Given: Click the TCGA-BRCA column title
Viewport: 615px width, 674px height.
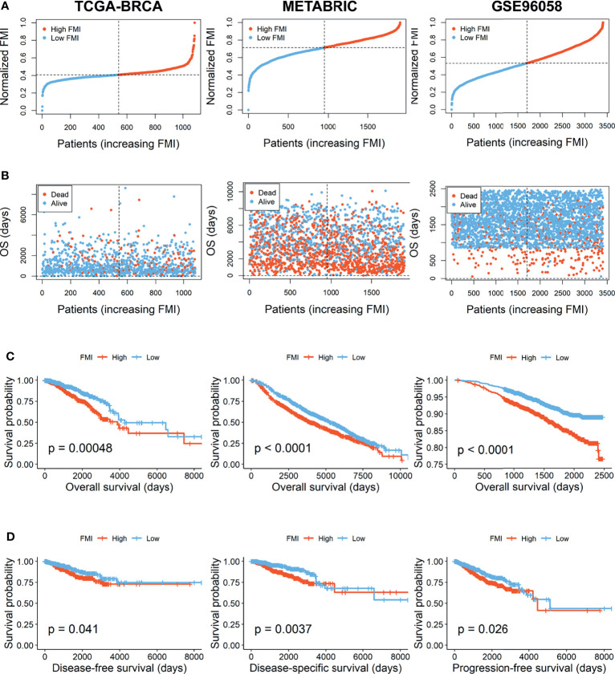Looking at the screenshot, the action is coord(118,6).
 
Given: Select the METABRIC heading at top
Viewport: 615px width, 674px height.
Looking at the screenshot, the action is coord(320,6).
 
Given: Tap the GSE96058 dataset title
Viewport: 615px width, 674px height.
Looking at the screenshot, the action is coord(527,6).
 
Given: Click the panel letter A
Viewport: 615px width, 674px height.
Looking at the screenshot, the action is coord(5,6).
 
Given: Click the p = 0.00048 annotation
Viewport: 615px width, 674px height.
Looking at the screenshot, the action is coord(80,449).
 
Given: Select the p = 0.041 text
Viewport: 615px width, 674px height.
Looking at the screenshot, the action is coord(73,629).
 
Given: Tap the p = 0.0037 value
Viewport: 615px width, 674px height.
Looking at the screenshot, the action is coord(283,629).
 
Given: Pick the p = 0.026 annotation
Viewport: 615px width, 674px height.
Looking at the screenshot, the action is coord(483,629).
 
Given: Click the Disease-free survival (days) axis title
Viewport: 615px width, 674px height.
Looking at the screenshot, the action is coord(120,668).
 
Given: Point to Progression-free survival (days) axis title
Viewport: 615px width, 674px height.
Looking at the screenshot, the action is coord(529,668).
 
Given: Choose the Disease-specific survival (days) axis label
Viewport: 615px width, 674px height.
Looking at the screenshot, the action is coord(325,668).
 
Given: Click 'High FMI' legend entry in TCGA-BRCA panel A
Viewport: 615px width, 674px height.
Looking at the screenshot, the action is coord(62,29).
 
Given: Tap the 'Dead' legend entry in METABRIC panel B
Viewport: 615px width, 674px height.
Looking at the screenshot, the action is coord(263,193).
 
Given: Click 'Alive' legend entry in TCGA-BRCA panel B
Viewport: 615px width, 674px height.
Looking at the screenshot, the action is coord(55,203).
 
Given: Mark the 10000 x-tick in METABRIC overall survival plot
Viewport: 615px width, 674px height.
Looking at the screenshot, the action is coord(401,476).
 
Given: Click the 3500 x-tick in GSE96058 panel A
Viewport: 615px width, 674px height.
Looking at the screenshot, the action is coord(607,126).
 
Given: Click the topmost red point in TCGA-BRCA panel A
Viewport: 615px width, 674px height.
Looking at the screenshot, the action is coord(195,22).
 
